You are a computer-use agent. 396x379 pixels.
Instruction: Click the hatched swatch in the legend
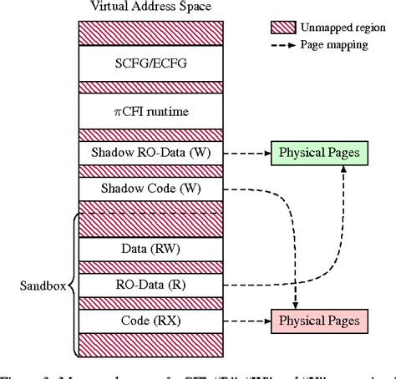point(284,26)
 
